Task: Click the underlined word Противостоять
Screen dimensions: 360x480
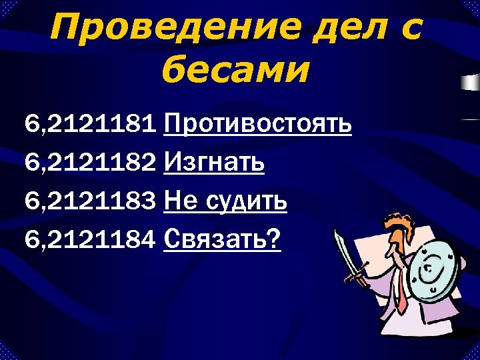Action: [x=257, y=124]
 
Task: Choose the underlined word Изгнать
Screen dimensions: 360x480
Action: [x=213, y=163]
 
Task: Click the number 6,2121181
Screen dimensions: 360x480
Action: [x=91, y=124]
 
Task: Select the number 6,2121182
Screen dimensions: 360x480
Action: [x=91, y=163]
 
